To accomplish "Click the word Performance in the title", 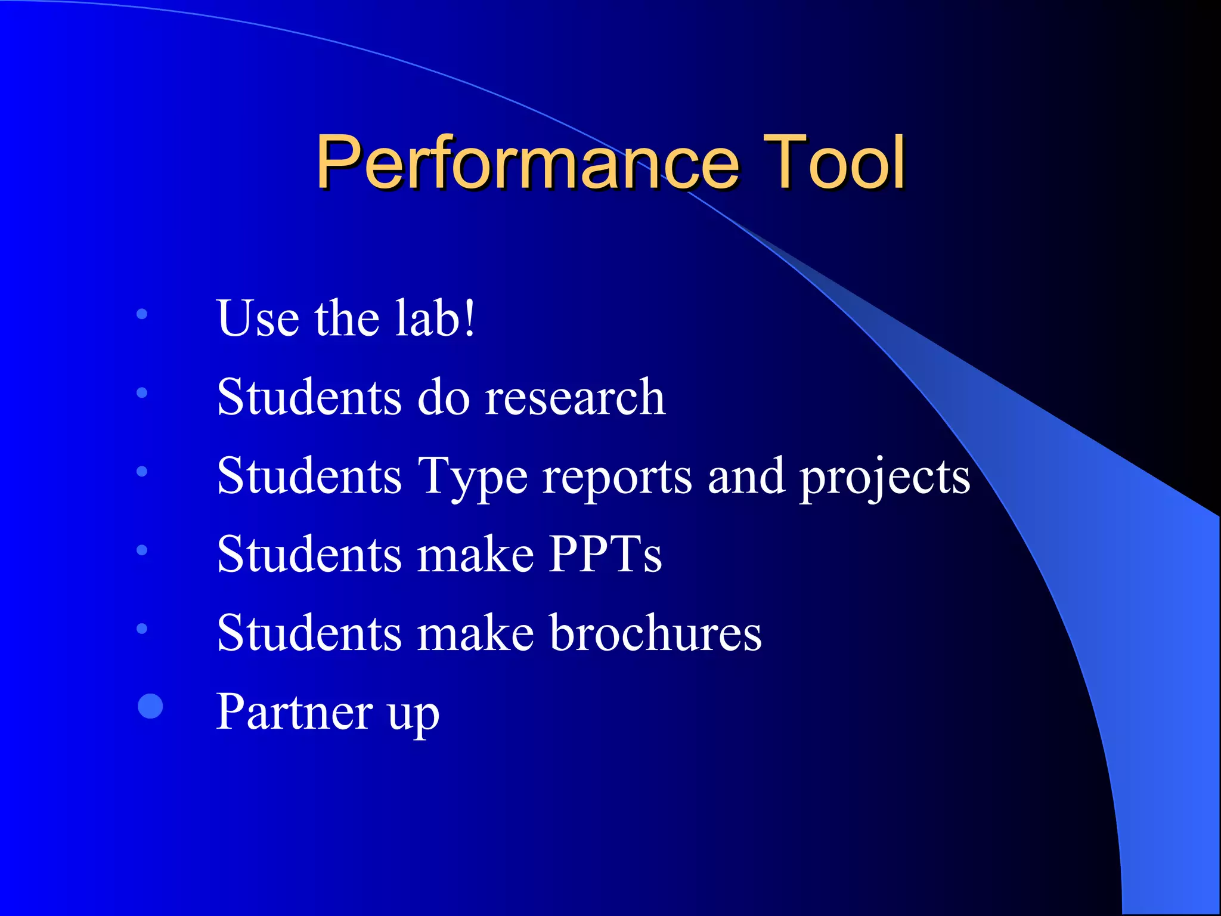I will (x=527, y=162).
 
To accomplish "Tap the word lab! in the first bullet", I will (x=435, y=318).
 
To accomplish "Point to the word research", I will (x=575, y=398).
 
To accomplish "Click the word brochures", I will (x=656, y=633).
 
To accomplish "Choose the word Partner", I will (x=295, y=712).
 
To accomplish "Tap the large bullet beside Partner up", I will (x=150, y=706).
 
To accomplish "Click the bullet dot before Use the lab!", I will (x=142, y=314).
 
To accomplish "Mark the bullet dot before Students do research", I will (x=142, y=392).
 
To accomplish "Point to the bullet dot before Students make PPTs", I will (x=142, y=550).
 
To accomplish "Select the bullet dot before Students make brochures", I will (x=142, y=629).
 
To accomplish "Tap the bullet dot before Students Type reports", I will (x=142, y=471).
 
